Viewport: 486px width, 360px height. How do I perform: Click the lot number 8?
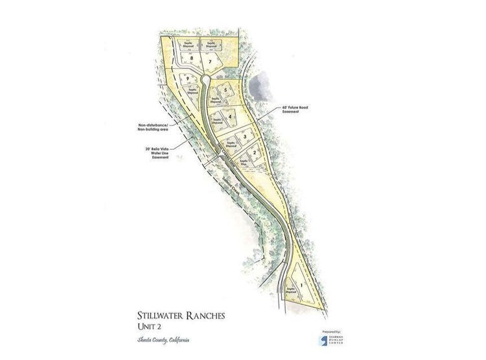(x=191, y=59)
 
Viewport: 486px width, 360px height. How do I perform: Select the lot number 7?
(x=211, y=61)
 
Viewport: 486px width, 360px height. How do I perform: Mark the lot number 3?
(x=244, y=136)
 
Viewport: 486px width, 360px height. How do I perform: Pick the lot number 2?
(x=255, y=153)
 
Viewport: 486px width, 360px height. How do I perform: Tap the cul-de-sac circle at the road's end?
(x=205, y=79)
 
